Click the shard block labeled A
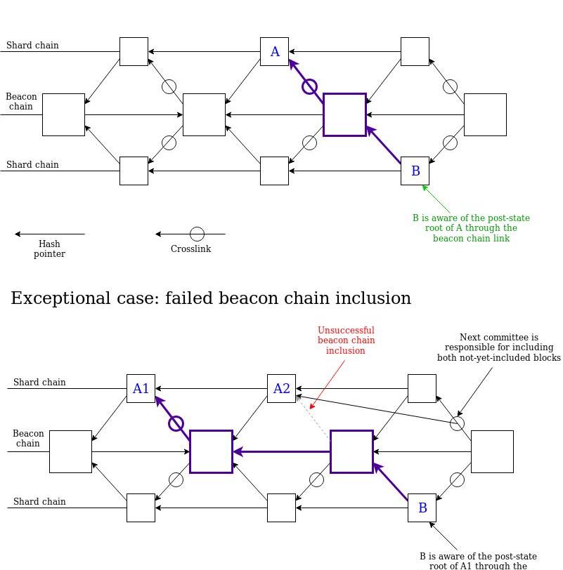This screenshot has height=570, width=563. [x=274, y=51]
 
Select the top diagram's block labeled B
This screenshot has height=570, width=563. [x=415, y=171]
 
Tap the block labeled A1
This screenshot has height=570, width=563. [x=141, y=388]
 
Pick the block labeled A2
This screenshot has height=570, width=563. [x=281, y=388]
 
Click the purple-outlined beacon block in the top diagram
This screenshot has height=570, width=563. [x=344, y=114]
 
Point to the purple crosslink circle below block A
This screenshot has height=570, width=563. [x=309, y=86]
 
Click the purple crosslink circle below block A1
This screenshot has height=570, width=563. [x=176, y=424]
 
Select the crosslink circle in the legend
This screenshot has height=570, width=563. [x=198, y=234]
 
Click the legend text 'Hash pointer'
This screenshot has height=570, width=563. [x=49, y=248]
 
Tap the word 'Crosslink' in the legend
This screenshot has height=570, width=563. [x=190, y=248]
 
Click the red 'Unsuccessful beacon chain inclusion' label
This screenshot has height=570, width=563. [x=346, y=340]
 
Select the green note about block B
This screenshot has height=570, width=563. [x=471, y=228]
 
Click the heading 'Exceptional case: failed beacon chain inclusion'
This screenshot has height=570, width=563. [x=211, y=298]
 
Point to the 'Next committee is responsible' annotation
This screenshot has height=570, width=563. [x=498, y=347]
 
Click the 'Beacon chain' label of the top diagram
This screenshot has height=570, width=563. [x=21, y=101]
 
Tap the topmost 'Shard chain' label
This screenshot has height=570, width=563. [x=32, y=46]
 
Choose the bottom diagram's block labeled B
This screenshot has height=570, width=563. [x=422, y=508]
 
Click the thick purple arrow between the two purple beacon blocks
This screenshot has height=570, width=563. [x=281, y=451]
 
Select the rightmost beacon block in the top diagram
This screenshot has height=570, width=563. [x=485, y=114]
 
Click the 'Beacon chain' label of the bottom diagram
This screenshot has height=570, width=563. [x=28, y=438]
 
